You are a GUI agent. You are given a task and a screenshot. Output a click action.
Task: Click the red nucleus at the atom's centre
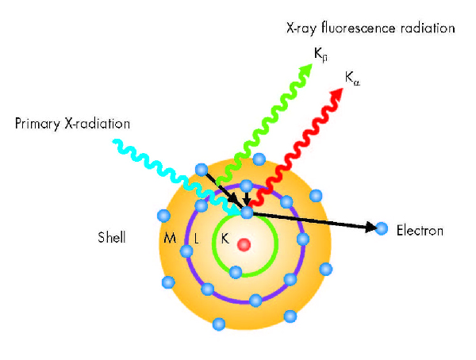244,245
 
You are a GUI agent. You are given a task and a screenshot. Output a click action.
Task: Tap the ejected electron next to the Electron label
382,228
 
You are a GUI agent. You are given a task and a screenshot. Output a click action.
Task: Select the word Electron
420,231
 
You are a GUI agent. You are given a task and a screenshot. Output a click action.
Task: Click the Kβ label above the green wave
321,55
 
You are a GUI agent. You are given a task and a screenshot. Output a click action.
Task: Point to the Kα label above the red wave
352,79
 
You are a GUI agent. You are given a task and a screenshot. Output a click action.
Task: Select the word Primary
37,124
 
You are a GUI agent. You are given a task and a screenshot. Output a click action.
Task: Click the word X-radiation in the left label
97,124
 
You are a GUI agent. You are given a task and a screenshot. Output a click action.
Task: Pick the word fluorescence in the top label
359,29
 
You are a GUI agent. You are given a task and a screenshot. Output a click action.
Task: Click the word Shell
112,237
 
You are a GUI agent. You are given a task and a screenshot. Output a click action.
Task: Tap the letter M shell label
170,238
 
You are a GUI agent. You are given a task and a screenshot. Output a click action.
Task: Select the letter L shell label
197,239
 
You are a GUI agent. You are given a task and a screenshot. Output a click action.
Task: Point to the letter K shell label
225,239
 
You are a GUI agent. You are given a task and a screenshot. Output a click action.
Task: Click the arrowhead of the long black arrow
370,227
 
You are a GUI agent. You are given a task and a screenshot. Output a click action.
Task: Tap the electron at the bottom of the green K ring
236,272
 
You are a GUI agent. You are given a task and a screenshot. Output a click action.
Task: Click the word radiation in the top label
428,29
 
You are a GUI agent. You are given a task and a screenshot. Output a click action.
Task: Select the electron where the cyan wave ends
247,213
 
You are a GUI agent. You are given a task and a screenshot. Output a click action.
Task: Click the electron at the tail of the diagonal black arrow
202,170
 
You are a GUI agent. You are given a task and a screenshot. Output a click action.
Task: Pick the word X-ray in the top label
301,29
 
